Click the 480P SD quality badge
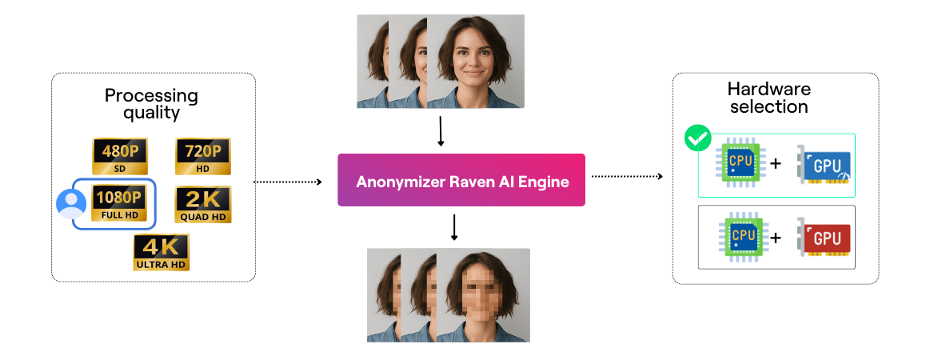point(120,156)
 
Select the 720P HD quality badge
point(202,156)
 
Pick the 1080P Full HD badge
point(118,203)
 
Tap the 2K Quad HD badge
point(202,203)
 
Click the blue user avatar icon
point(71,204)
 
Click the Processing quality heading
point(151,104)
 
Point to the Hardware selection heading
point(768,98)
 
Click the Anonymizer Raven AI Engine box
point(461,181)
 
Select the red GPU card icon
point(824,237)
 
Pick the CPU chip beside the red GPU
point(741,237)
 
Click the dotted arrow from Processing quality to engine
point(287,182)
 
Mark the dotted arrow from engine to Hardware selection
point(627,176)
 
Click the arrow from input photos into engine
point(441,131)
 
